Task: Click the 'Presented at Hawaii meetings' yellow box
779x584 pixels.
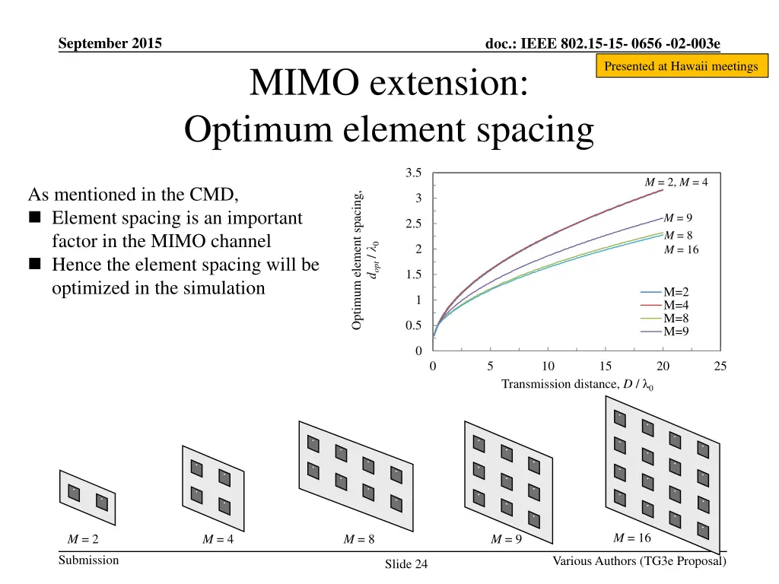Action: tap(681, 66)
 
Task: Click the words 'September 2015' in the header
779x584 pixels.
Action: tap(110, 43)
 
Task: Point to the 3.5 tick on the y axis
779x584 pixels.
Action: tap(414, 173)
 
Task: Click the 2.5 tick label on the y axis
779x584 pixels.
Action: tap(414, 224)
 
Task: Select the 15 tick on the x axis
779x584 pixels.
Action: tap(606, 366)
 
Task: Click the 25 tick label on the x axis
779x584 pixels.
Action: tap(720, 366)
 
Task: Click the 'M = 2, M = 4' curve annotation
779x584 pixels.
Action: tap(676, 182)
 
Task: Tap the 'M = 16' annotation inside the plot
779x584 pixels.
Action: tap(681, 250)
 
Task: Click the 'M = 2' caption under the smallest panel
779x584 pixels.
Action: tap(83, 540)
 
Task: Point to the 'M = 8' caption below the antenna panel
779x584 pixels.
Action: tap(359, 540)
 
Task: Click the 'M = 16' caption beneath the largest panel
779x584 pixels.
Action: tap(632, 538)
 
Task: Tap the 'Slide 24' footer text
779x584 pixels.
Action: tap(406, 564)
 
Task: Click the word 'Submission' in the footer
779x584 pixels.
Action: tap(88, 560)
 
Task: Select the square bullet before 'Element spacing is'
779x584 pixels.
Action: tap(35, 219)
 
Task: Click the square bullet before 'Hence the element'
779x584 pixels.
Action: tap(35, 265)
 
